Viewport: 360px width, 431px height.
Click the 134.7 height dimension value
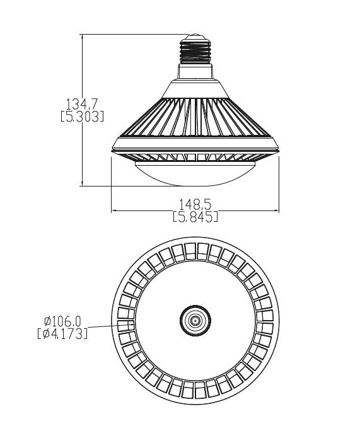[x=82, y=104]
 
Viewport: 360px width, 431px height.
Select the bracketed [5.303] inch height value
[x=82, y=117]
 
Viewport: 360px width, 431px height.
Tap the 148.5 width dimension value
[x=195, y=204]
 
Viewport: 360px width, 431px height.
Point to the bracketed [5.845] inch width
[x=195, y=216]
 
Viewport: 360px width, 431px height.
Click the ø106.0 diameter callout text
[x=62, y=321]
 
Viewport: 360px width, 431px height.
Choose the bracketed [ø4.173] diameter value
[x=62, y=333]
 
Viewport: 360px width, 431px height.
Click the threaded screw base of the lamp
[x=195, y=52]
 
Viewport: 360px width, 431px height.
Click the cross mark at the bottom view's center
[x=195, y=321]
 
